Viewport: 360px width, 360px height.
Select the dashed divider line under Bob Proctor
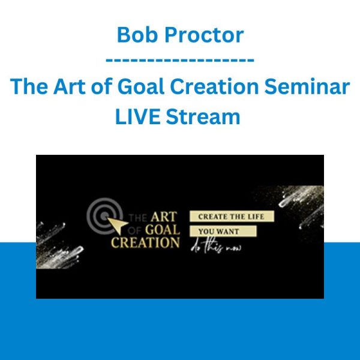pyautogui.click(x=180, y=60)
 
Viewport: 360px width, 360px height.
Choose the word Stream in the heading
pyautogui.click(x=203, y=116)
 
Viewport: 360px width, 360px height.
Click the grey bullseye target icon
pyautogui.click(x=104, y=215)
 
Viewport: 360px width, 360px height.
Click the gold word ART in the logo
pyautogui.click(x=164, y=217)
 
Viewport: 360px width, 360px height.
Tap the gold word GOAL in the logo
pyautogui.click(x=163, y=230)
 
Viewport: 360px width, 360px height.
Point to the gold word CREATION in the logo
pyautogui.click(x=145, y=242)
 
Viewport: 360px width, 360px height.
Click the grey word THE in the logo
pyautogui.click(x=138, y=218)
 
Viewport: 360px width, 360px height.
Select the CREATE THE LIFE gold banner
pyautogui.click(x=232, y=216)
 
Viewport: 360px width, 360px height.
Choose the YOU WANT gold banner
pyautogui.click(x=223, y=231)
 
